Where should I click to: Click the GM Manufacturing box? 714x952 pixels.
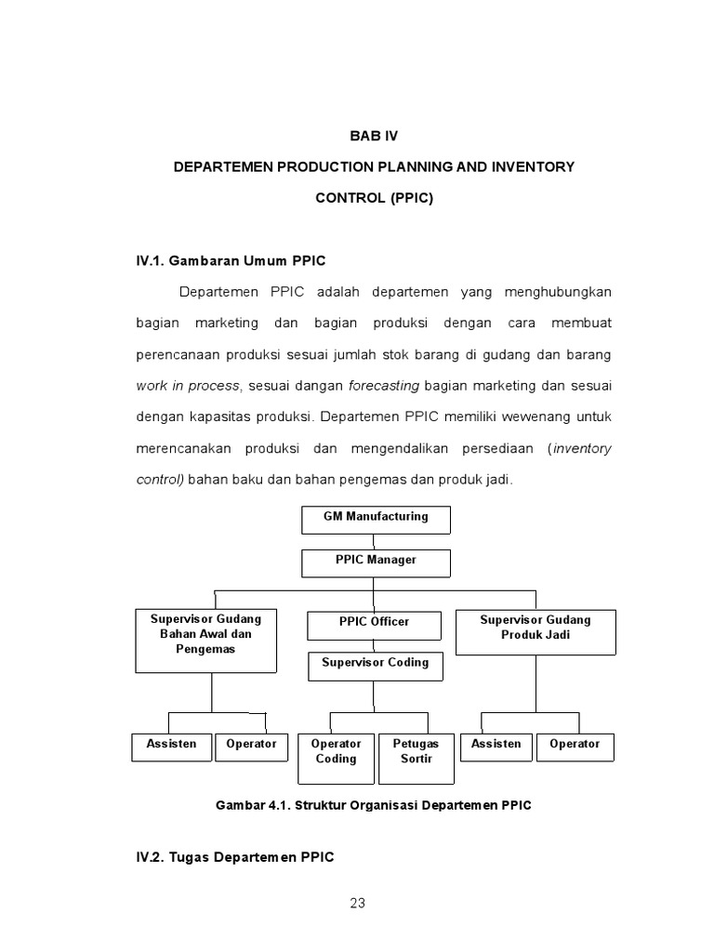[x=376, y=520]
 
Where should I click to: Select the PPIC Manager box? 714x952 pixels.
[x=376, y=563]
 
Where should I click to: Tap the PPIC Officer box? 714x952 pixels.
[x=374, y=625]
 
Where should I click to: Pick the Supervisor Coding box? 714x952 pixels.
[x=376, y=666]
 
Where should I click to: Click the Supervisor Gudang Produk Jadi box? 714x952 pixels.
[x=535, y=632]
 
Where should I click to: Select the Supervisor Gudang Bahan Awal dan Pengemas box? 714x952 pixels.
[x=206, y=641]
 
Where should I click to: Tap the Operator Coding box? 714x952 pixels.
[x=336, y=759]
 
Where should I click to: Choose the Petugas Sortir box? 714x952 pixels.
[x=416, y=759]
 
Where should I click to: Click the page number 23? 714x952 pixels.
[x=358, y=903]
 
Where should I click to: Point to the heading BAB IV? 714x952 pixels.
[x=373, y=136]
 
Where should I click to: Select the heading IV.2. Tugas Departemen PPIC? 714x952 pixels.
[x=234, y=857]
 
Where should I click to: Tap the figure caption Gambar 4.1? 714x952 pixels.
[x=374, y=805]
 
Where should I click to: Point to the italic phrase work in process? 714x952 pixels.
[x=188, y=386]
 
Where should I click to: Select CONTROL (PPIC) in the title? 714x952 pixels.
[x=374, y=198]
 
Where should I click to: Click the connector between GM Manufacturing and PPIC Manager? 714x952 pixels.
[x=376, y=542]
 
